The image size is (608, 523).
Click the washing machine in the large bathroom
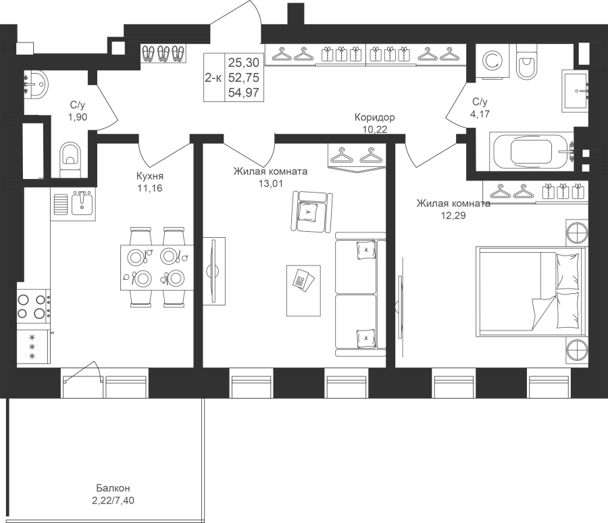[492, 61]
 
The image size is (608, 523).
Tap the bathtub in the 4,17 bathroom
[531, 151]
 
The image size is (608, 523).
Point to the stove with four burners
[34, 306]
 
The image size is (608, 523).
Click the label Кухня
[150, 176]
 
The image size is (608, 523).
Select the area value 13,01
[271, 183]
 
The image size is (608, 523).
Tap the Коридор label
[374, 117]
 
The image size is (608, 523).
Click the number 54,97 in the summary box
[243, 93]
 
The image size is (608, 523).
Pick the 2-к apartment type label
[213, 78]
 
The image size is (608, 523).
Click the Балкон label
[113, 488]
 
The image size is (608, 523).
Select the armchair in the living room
[311, 211]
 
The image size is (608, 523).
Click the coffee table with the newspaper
[303, 291]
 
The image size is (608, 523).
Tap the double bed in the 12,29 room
[530, 291]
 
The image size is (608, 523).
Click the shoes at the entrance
[163, 53]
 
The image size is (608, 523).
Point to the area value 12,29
[453, 216]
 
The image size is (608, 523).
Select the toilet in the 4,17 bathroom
[526, 61]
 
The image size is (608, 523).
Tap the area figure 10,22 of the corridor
[374, 130]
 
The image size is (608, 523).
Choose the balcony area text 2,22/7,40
[113, 501]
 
